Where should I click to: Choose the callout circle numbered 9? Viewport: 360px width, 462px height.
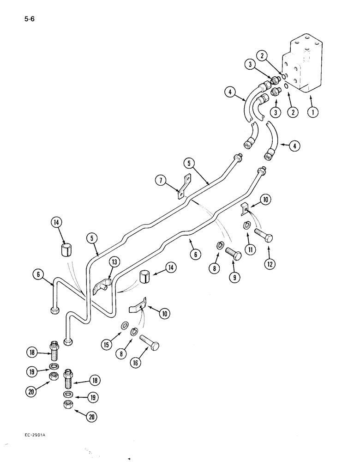tap(234, 277)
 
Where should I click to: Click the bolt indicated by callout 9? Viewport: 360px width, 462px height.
tap(234, 254)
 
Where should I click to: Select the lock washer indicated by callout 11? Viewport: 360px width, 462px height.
tap(247, 226)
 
